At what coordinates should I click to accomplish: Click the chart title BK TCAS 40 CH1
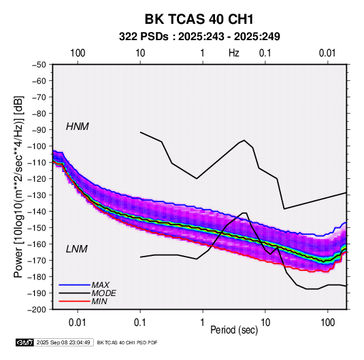pyautogui.click(x=199, y=19)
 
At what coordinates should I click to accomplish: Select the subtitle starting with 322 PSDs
pyautogui.click(x=199, y=37)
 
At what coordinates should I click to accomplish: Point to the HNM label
pyautogui.click(x=78, y=127)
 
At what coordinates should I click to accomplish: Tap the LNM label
pyautogui.click(x=77, y=249)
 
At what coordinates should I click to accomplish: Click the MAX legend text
pyautogui.click(x=100, y=285)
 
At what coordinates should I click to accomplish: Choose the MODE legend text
pyautogui.click(x=104, y=293)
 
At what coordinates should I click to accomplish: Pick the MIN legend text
pyautogui.click(x=99, y=301)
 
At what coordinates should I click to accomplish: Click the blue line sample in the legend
pyautogui.click(x=74, y=285)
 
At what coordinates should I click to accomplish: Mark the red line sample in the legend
pyautogui.click(x=74, y=301)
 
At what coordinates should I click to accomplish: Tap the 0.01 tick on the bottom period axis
pyautogui.click(x=78, y=323)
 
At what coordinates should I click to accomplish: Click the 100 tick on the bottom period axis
pyautogui.click(x=328, y=323)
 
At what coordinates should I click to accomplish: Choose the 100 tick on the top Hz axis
pyautogui.click(x=78, y=53)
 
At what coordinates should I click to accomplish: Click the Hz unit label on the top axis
pyautogui.click(x=234, y=53)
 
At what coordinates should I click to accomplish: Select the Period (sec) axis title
pyautogui.click(x=234, y=330)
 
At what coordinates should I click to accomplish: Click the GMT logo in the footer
pyautogui.click(x=25, y=342)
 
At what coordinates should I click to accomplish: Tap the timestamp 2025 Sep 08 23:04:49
pyautogui.click(x=63, y=342)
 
